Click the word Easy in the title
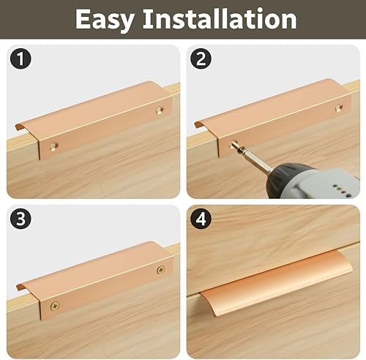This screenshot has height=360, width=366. click(x=105, y=20)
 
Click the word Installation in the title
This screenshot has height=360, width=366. click(x=220, y=18)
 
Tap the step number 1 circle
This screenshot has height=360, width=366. click(x=20, y=59)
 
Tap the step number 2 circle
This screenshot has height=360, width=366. click(x=201, y=59)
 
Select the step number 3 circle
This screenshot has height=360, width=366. click(x=20, y=218)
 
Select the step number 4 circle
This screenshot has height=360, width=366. click(x=201, y=218)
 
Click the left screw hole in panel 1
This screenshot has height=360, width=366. click(x=53, y=146)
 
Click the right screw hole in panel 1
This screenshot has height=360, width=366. click(x=160, y=110)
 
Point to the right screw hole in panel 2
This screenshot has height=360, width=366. click(x=339, y=108)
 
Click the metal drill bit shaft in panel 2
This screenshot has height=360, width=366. click(x=255, y=160)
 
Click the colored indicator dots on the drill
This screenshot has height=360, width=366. click(x=343, y=191)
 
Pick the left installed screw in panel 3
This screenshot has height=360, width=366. click(x=55, y=306)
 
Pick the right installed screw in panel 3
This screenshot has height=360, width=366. click(x=160, y=269)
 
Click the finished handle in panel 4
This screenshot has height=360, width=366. click(x=276, y=283)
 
